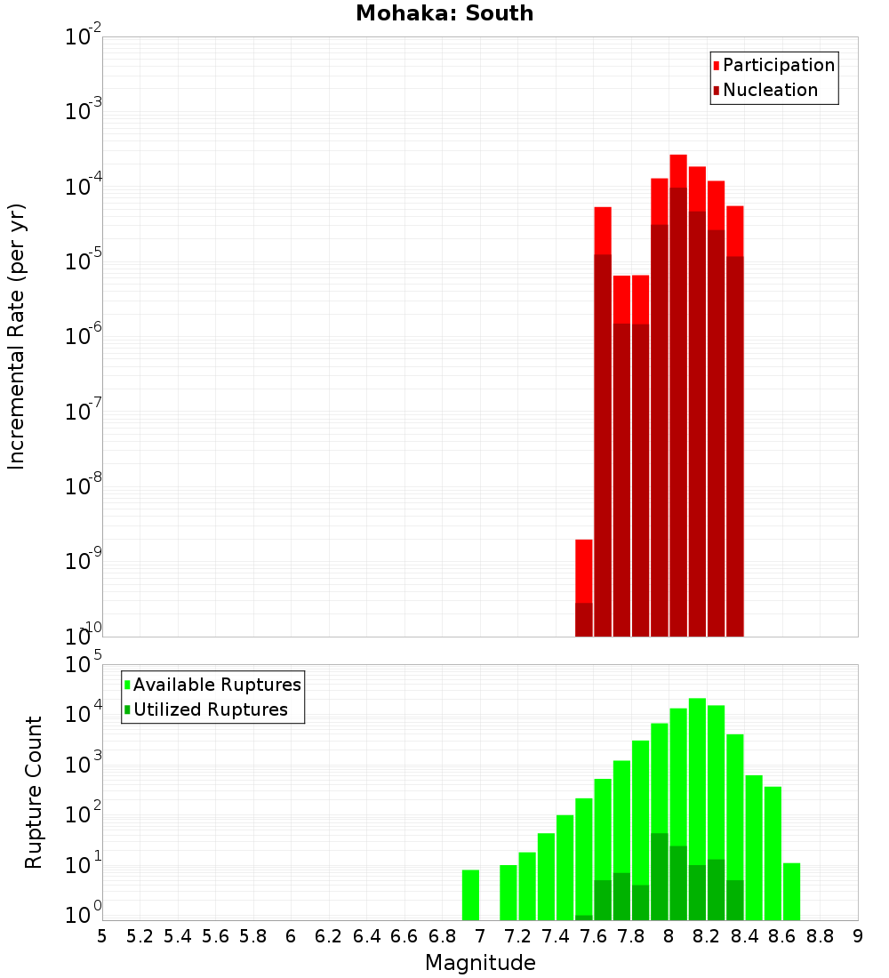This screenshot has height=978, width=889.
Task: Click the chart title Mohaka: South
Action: coord(444,14)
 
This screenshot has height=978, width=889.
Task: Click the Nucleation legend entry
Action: coord(770,90)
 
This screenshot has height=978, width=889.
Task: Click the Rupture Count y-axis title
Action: coord(34,792)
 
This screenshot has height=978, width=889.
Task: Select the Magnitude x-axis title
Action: coord(480,963)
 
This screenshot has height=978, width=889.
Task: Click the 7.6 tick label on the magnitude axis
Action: coord(593,935)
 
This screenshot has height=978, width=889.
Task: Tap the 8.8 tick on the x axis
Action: coord(820,935)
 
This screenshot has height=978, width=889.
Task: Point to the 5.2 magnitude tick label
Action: coord(140,935)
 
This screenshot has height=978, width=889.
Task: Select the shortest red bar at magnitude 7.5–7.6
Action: coord(584,569)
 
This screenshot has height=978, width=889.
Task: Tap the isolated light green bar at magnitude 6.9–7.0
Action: coord(470,894)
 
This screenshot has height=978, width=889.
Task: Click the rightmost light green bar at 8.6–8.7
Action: coord(791,891)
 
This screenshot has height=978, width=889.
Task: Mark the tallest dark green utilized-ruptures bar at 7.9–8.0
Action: coord(660,876)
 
